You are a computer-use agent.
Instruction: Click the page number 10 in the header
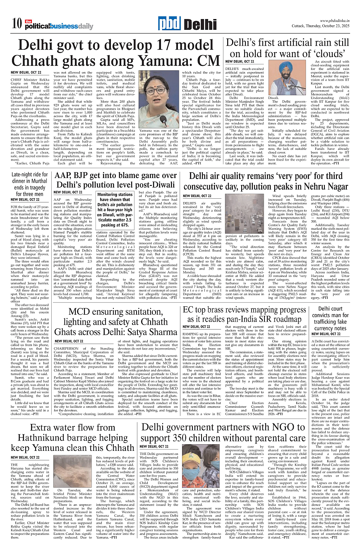pos(17,24)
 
